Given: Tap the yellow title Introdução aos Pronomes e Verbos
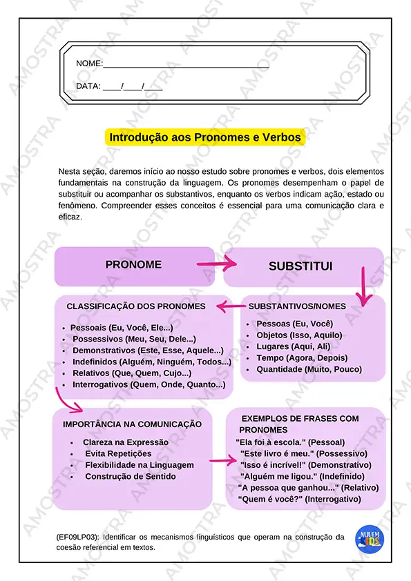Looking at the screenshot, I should [205, 137].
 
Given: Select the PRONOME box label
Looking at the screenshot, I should [133, 265].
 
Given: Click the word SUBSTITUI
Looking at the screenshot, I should [300, 266].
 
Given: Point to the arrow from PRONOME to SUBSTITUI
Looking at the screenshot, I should [217, 264].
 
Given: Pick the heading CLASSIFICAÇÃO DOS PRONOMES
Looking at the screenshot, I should [136, 306].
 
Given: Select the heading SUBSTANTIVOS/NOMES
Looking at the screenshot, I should [297, 306].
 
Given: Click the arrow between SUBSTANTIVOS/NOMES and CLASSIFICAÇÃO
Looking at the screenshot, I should [228, 306].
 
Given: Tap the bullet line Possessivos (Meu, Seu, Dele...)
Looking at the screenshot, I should [134, 339].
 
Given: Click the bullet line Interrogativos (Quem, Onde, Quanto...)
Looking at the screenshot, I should [149, 384].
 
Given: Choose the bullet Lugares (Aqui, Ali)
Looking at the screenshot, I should [293, 346].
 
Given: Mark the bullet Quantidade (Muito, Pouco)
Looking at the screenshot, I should [309, 369].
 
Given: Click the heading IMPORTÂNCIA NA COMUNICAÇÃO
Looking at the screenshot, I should [132, 424].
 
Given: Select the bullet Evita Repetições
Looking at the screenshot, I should [118, 453].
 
